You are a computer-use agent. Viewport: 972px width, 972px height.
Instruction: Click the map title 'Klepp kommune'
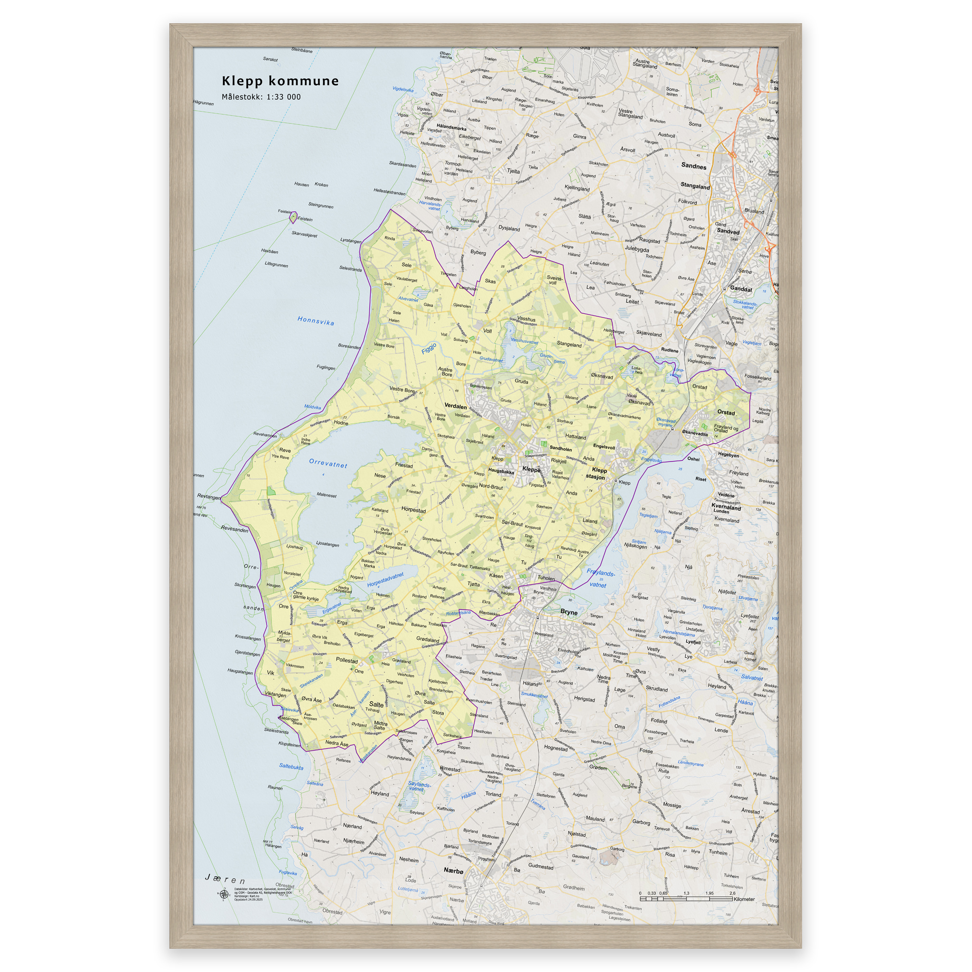point(280,81)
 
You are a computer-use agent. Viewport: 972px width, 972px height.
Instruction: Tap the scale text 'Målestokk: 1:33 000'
point(261,97)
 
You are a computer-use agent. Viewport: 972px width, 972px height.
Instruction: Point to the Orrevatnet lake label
point(328,463)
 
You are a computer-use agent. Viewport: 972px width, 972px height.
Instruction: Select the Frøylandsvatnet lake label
point(600,579)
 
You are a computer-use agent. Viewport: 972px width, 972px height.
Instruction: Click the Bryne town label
point(569,612)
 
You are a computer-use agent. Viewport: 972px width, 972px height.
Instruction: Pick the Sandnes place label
point(693,166)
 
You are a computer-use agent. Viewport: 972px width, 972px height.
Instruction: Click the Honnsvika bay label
point(316,321)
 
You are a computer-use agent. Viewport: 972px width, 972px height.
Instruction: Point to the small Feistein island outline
point(293,218)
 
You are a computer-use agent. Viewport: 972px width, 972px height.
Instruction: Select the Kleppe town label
point(531,469)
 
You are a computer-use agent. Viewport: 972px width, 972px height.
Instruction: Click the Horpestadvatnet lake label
point(385,580)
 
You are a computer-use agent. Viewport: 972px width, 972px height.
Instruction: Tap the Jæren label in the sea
point(225,879)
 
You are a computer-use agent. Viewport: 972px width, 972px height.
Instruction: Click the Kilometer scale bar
point(687,898)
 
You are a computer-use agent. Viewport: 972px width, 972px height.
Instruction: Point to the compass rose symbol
point(223,894)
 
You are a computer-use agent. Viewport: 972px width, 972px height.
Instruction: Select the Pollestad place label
point(346,661)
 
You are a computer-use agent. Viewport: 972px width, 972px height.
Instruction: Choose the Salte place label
point(376,705)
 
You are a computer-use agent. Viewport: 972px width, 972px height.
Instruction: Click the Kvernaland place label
point(726,508)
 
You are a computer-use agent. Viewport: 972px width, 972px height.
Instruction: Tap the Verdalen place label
point(455,406)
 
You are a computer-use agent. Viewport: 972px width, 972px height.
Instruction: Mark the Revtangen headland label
point(208,496)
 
